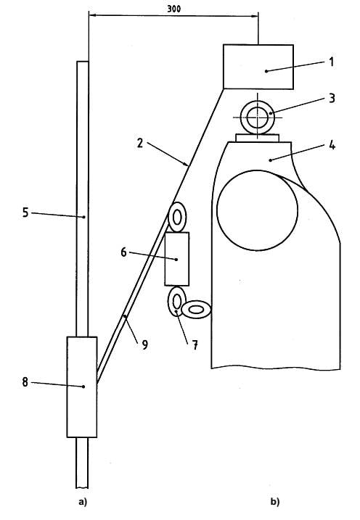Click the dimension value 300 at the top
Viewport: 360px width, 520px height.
(174, 9)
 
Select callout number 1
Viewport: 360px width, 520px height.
(331, 62)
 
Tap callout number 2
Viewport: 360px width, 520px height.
(140, 143)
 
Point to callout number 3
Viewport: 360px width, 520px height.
(332, 98)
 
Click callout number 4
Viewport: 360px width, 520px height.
(332, 145)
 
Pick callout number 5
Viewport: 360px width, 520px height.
(25, 212)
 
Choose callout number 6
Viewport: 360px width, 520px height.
(123, 252)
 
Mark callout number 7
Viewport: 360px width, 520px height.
(195, 345)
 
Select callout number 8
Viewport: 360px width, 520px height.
(25, 382)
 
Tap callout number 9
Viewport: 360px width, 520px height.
(144, 345)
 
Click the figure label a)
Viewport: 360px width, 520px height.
(83, 503)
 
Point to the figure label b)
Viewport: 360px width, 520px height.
(275, 502)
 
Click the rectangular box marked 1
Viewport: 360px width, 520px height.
(258, 67)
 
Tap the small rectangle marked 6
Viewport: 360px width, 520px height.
(177, 259)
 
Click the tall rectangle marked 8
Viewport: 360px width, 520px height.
(82, 387)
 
